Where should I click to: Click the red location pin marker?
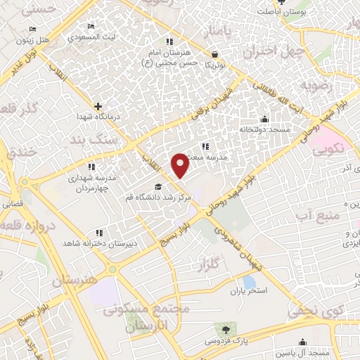pos(180,165)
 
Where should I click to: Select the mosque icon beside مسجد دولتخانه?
pos(264,118)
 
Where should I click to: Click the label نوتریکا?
pos(214,64)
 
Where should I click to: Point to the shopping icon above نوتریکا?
pos(214,53)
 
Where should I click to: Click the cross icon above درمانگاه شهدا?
pos(98,105)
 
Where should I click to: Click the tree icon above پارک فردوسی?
pos(226,329)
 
